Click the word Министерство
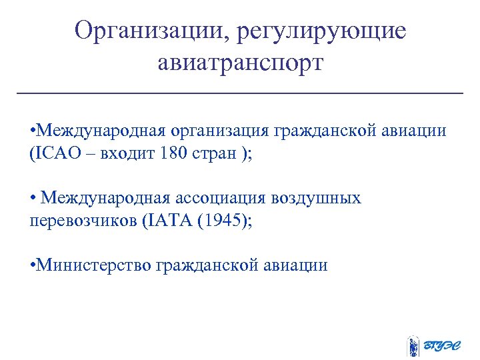(x=94, y=265)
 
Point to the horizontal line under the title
(x=240, y=93)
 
